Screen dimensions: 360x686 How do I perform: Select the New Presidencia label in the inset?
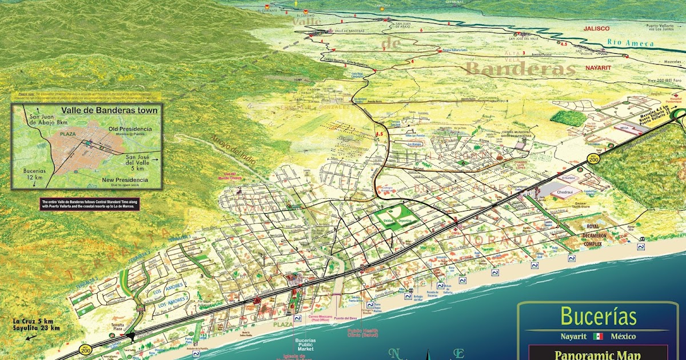[125, 180]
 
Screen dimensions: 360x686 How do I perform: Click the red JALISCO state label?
[596, 28]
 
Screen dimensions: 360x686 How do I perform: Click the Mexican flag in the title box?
[599, 336]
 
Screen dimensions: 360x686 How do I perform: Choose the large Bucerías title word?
[599, 316]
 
